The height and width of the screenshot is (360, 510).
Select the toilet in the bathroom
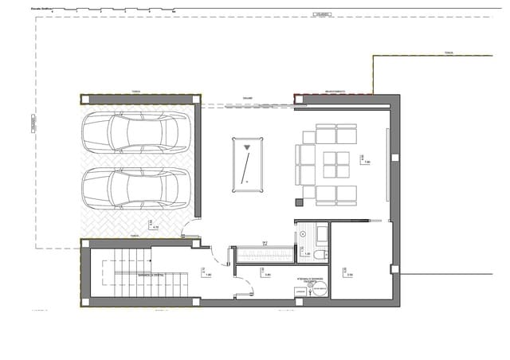(x=320, y=255)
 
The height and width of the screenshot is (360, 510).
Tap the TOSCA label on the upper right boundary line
(x=449, y=53)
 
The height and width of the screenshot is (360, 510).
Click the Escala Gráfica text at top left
(x=41, y=7)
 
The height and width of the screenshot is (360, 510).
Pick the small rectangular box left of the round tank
(x=300, y=292)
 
